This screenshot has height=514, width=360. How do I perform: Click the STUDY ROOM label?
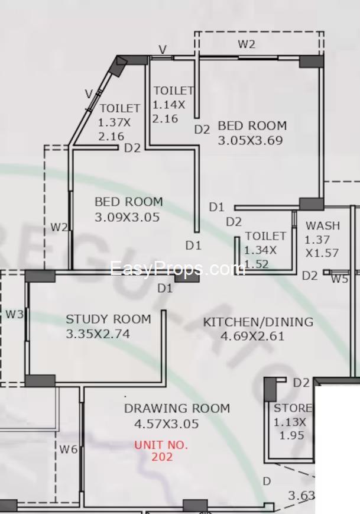(x=108, y=319)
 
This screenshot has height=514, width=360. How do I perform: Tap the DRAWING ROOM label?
(x=177, y=408)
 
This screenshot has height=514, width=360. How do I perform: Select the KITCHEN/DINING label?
(x=258, y=322)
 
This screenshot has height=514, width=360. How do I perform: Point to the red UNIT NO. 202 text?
(x=161, y=450)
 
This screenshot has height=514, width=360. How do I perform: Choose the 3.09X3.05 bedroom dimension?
(x=127, y=217)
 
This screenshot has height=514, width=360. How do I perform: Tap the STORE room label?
(x=293, y=408)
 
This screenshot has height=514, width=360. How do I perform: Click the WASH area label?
(x=323, y=225)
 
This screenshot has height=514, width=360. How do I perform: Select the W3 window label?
(x=15, y=314)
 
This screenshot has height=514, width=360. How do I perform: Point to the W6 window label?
(x=68, y=449)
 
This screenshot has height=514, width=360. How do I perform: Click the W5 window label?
(x=339, y=279)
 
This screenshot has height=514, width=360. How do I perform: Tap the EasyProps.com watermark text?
(x=177, y=269)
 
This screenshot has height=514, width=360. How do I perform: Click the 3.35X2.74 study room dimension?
(x=98, y=334)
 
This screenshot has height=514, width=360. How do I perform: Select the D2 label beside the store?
(x=301, y=383)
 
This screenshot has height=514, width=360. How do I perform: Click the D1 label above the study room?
(x=165, y=288)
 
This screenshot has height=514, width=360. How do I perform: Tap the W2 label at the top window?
(x=247, y=44)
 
